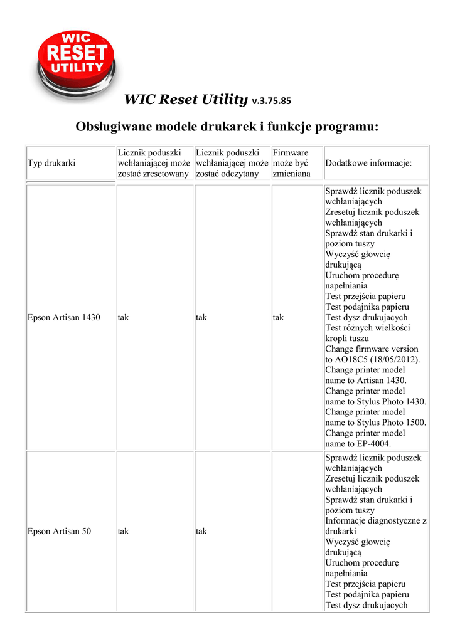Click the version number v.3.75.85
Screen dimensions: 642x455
pos(271,100)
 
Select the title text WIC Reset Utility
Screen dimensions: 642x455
pos(186,99)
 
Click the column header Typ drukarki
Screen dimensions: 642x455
pos(51,163)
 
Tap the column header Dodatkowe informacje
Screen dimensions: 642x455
pos(368,163)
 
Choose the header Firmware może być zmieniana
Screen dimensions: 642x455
pos(292,163)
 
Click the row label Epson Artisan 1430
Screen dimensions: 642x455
pos(64,318)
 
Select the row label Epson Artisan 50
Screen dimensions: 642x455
pos(60,532)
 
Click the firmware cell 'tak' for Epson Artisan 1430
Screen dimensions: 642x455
pos(278,318)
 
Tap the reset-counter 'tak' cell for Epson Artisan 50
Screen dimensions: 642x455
pos(123,532)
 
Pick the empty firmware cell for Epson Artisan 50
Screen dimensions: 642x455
pos(297,532)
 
